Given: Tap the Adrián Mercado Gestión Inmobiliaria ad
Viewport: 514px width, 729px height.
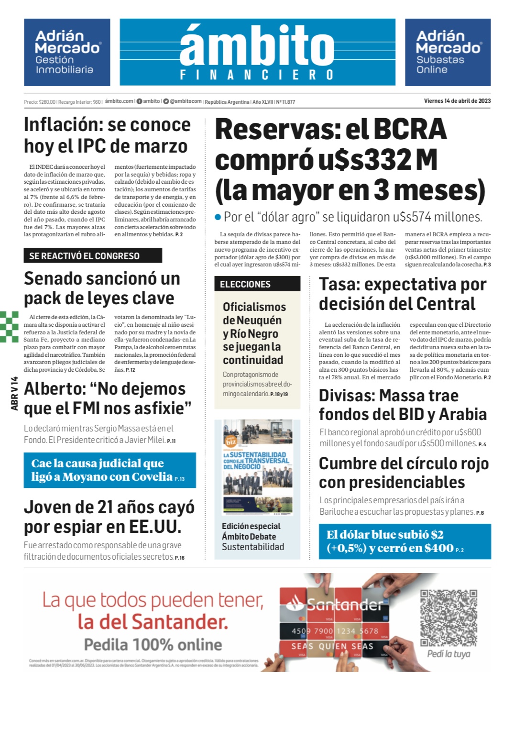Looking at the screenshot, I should pyautogui.click(x=67, y=52).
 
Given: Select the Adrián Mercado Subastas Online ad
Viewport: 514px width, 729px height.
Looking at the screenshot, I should pyautogui.click(x=448, y=52).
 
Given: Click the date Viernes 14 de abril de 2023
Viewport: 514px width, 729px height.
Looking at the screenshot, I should pyautogui.click(x=457, y=101).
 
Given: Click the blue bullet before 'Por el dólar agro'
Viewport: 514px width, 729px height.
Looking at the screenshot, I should pyautogui.click(x=218, y=217).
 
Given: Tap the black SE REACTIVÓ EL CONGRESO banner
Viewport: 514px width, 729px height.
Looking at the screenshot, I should pyautogui.click(x=93, y=256).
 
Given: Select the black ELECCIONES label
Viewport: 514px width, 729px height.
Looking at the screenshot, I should pyautogui.click(x=257, y=284).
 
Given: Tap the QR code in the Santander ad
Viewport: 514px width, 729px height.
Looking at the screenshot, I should pyautogui.click(x=448, y=618).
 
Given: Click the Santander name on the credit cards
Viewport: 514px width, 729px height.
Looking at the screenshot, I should pyautogui.click(x=344, y=606).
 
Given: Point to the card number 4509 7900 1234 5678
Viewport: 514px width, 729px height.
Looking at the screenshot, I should pyautogui.click(x=335, y=631).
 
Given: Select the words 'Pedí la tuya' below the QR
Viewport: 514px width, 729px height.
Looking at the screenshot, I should pyautogui.click(x=448, y=654).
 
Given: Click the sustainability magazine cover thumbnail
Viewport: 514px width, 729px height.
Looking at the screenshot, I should pyautogui.click(x=257, y=468).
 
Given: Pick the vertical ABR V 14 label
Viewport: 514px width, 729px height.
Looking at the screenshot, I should pyautogui.click(x=14, y=393).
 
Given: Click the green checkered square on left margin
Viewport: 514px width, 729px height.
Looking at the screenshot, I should pyautogui.click(x=9, y=327).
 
